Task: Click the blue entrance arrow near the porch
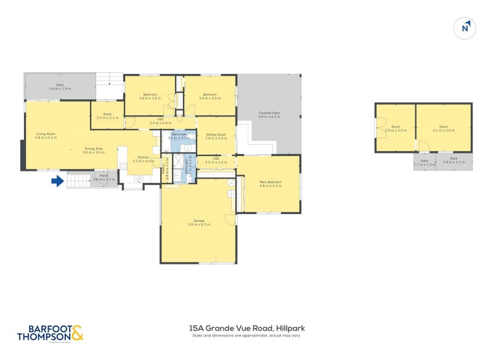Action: point(57,181)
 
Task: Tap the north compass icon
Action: point(465,28)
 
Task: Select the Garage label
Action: point(199,223)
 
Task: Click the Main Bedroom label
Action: point(270,184)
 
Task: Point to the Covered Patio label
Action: point(269,115)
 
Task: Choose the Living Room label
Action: point(46,136)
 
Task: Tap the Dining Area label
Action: point(94,150)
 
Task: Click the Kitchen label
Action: point(144,159)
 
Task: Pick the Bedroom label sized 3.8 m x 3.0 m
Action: point(150,96)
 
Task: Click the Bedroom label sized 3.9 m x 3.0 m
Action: point(210,96)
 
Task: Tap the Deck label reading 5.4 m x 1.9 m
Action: point(60,87)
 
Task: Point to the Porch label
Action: point(104,178)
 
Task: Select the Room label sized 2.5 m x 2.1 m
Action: point(107,115)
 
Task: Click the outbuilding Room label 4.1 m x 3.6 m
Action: point(443,129)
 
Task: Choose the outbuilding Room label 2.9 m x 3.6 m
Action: point(396,129)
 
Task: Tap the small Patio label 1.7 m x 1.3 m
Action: point(425,163)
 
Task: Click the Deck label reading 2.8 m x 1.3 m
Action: point(454,160)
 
